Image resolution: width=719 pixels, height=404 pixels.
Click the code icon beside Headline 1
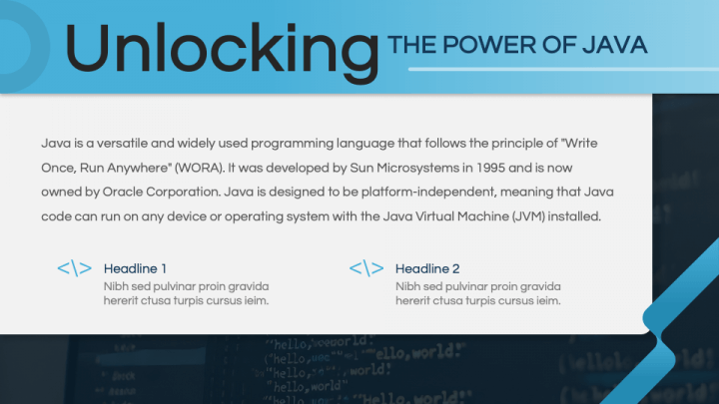coord(75,268)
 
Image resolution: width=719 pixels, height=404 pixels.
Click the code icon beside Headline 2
coord(366,268)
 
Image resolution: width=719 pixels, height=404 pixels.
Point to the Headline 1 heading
coord(135,268)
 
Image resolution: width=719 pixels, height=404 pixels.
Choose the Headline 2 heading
coord(427,268)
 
